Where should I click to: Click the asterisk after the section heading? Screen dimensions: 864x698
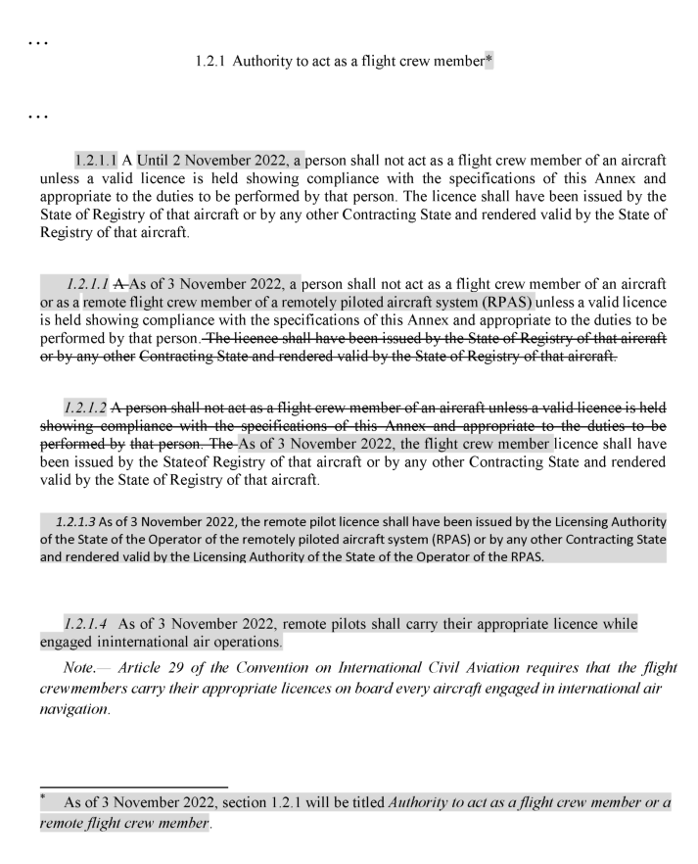tap(489, 60)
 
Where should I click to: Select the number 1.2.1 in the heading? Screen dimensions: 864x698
tap(212, 61)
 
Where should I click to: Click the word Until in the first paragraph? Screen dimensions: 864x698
tap(155, 161)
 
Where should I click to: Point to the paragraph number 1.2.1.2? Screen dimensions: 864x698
tap(87, 406)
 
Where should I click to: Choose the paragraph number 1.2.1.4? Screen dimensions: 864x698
tap(87, 623)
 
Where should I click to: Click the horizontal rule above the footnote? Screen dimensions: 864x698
tap(133, 786)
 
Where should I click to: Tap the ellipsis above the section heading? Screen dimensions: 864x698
tap(38, 43)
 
